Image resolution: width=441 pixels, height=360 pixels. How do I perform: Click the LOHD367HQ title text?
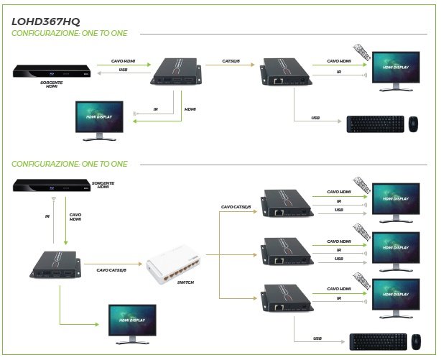[48, 21]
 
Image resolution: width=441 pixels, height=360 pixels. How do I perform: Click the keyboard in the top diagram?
[371, 124]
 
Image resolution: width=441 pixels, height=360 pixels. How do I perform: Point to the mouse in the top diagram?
[414, 124]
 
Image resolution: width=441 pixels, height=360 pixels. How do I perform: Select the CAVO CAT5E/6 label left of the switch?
[111, 270]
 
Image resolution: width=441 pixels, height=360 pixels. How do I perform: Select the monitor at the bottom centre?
[131, 322]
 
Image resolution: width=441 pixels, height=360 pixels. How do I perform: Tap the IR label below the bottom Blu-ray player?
[46, 215]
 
